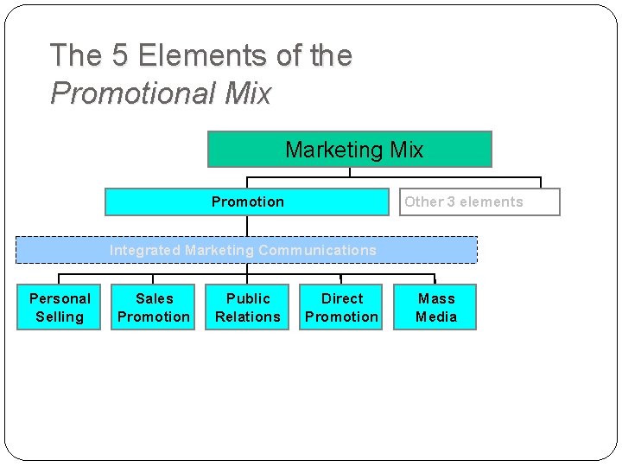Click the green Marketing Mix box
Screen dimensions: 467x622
point(349,149)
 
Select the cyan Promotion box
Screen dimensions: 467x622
point(247,202)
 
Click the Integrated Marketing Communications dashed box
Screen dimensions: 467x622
point(247,250)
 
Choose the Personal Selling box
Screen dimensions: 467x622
point(60,307)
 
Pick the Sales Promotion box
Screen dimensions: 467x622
point(154,307)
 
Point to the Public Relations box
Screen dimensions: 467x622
point(248,307)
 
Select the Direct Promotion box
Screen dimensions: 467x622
point(341,307)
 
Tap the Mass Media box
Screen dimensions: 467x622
point(435,307)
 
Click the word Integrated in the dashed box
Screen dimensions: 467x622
point(144,250)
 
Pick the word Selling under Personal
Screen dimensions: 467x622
point(60,317)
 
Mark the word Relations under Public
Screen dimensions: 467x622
point(248,317)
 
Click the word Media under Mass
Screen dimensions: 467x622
point(436,317)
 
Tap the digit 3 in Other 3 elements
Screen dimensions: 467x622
point(451,202)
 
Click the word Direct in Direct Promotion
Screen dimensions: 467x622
point(342,298)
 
